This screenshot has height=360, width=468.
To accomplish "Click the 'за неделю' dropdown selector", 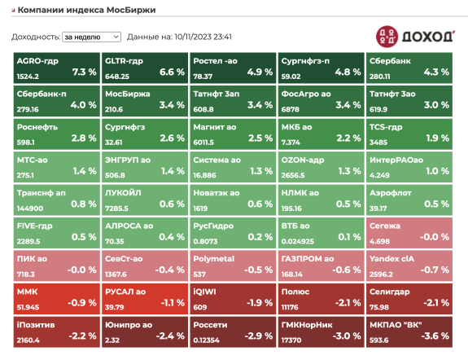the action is pyautogui.click(x=91, y=37).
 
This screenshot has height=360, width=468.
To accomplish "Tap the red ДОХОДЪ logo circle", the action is pyautogui.click(x=387, y=37).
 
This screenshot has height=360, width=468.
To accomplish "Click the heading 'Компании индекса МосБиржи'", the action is pyautogui.click(x=86, y=10).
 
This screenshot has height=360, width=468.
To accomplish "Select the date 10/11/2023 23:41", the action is pyautogui.click(x=203, y=37).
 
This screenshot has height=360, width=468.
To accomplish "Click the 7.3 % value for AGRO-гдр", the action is pyautogui.click(x=84, y=72).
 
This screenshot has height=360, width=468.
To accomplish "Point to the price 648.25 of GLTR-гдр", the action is pyautogui.click(x=117, y=77).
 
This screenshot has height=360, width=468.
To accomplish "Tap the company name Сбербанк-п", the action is pyautogui.click(x=42, y=94).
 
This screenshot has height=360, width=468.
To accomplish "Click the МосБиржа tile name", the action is pyautogui.click(x=128, y=94).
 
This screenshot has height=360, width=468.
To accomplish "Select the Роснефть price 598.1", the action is pyautogui.click(x=26, y=143).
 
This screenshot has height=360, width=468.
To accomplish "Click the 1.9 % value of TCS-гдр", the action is pyautogui.click(x=437, y=138).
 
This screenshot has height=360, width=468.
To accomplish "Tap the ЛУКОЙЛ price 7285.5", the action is pyautogui.click(x=116, y=209).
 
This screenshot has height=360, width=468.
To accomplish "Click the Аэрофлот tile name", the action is pyautogui.click(x=391, y=193).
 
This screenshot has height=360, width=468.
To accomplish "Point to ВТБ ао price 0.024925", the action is pyautogui.click(x=298, y=241).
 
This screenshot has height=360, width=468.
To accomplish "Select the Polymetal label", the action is pyautogui.click(x=214, y=259).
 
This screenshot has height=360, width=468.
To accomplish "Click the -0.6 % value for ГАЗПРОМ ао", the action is pyautogui.click(x=347, y=270).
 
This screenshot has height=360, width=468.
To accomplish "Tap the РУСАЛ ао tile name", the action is pyautogui.click(x=125, y=292).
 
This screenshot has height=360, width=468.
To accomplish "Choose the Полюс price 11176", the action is pyautogui.click(x=290, y=307).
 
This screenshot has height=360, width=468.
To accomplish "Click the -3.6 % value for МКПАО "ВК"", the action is pyautogui.click(x=435, y=336).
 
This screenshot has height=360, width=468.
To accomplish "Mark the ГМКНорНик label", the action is pyautogui.click(x=307, y=325).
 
